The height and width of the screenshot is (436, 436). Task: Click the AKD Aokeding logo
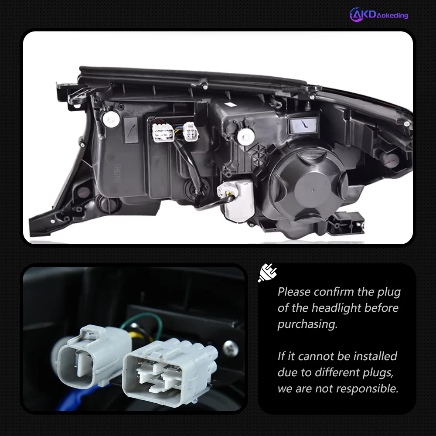point(378,14)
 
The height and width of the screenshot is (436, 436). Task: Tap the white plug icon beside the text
point(267,273)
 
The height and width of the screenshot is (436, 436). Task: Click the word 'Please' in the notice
point(294,292)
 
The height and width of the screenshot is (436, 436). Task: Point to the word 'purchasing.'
point(307,324)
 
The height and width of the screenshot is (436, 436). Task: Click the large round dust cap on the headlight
point(308,185)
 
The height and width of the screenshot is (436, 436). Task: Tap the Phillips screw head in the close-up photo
point(230,348)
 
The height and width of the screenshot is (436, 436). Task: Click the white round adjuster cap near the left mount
point(111,119)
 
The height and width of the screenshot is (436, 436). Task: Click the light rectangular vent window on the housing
point(303,126)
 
